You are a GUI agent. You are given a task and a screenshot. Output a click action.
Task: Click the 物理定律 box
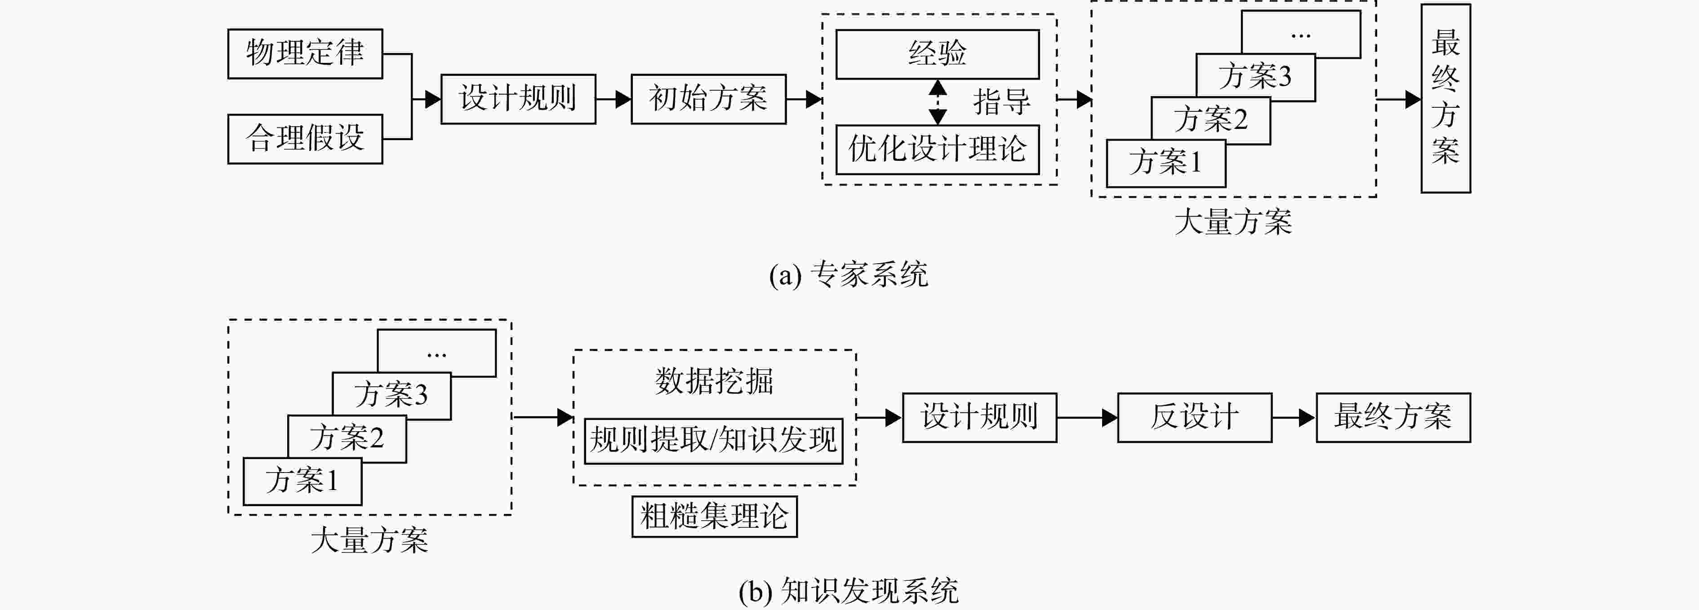click(x=305, y=53)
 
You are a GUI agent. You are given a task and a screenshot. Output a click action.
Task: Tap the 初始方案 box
click(x=708, y=99)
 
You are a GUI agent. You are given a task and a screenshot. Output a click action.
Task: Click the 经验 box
click(x=937, y=54)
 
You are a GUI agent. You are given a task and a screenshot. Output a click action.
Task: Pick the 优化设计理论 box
click(x=937, y=150)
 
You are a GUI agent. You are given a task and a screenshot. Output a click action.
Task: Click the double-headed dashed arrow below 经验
click(x=937, y=102)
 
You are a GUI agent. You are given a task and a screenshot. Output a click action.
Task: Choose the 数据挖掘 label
click(x=714, y=381)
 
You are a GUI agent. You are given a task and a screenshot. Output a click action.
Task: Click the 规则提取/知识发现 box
click(x=714, y=441)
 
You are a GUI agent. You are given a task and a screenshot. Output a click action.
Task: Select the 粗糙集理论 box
click(x=714, y=517)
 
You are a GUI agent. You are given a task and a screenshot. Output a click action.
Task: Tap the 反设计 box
click(x=1194, y=417)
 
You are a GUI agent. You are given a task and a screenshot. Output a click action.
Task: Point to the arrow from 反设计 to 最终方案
click(x=1294, y=417)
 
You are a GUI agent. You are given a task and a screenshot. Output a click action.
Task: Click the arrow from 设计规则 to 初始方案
click(x=614, y=99)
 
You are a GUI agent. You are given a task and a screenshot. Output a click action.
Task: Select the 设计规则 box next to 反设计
click(x=979, y=417)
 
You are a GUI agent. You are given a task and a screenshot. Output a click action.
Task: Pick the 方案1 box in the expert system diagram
click(x=1165, y=163)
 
